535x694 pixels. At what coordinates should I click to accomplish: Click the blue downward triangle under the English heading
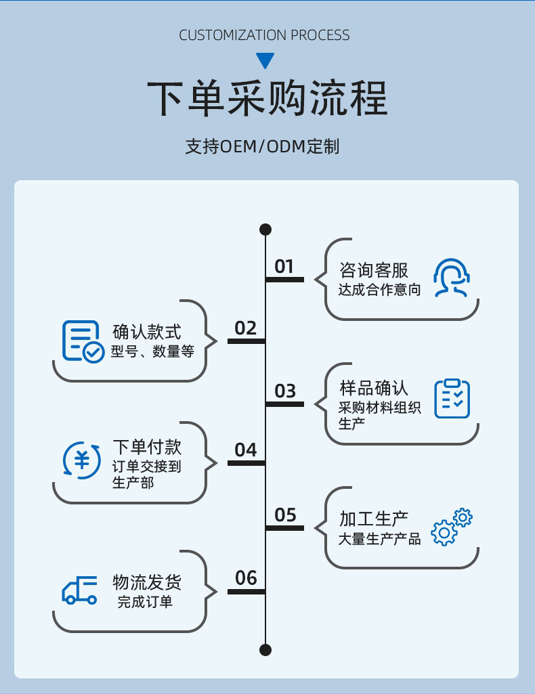click(265, 60)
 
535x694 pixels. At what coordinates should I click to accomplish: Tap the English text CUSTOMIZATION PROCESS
click(265, 35)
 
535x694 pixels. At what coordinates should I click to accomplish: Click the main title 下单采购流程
click(267, 99)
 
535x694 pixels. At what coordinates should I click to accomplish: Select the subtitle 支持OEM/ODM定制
click(262, 146)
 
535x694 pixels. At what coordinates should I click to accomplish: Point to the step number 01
click(284, 267)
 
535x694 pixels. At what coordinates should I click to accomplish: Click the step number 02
click(246, 328)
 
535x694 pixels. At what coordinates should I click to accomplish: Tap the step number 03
click(285, 391)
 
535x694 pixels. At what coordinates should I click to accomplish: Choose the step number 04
click(246, 450)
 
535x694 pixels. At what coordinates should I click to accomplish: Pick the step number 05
click(285, 515)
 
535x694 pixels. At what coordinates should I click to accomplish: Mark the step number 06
click(246, 578)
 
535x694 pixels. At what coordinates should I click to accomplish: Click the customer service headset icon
click(451, 278)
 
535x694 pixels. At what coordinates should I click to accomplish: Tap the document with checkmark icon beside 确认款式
click(83, 341)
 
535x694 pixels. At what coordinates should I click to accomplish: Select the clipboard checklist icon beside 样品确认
click(452, 398)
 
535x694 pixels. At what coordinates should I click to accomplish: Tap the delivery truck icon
click(80, 590)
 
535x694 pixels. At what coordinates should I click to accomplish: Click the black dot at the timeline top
click(265, 230)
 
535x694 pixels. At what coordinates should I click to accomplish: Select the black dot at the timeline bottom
click(265, 650)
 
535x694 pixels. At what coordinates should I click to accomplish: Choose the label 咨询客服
click(374, 271)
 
